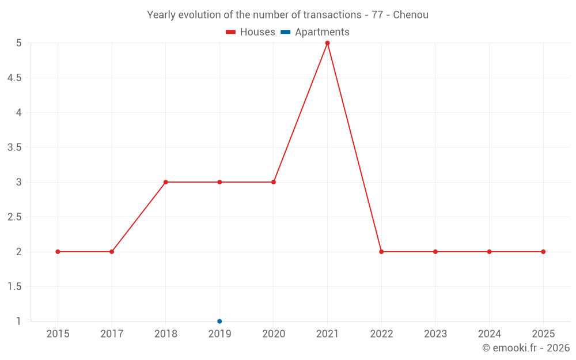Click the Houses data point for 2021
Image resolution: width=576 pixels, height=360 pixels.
coord(327,43)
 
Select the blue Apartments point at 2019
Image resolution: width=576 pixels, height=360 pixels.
coord(219,321)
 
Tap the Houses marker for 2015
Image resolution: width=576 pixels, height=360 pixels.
coord(58,252)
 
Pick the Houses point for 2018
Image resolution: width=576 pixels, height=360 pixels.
coord(165,182)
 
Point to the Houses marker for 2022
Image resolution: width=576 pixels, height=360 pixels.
coord(381,252)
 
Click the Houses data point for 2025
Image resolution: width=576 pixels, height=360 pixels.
coord(543,252)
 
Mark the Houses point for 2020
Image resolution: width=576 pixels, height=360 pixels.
coord(274,182)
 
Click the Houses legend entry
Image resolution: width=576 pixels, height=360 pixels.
coord(251,32)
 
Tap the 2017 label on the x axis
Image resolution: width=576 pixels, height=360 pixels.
coord(112,334)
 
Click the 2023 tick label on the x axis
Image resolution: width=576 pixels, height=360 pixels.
coord(435,334)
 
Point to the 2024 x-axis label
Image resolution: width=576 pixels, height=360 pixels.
coord(489,334)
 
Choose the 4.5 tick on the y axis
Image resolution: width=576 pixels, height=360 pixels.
coord(14,78)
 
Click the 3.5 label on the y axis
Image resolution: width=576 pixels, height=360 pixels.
coord(14,147)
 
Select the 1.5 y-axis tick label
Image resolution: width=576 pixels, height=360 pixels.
coord(14,287)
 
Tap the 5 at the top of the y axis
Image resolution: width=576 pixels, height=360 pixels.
coord(18,43)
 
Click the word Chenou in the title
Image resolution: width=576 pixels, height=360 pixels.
coord(411,15)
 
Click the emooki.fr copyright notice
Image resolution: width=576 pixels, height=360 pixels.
coord(525,348)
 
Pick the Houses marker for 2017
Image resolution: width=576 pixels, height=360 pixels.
coord(112,252)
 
